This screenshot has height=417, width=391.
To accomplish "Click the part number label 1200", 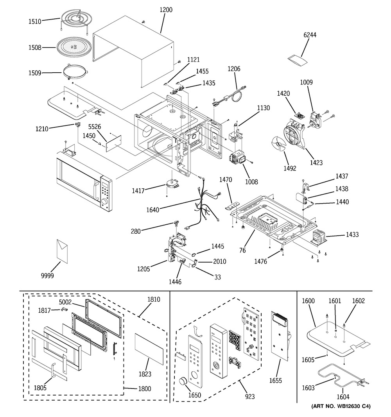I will click(x=166, y=10).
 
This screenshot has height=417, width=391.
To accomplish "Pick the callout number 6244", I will click(x=310, y=35).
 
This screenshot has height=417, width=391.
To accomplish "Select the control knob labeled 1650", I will click(x=183, y=381).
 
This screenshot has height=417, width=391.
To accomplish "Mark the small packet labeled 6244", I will click(x=297, y=59).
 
